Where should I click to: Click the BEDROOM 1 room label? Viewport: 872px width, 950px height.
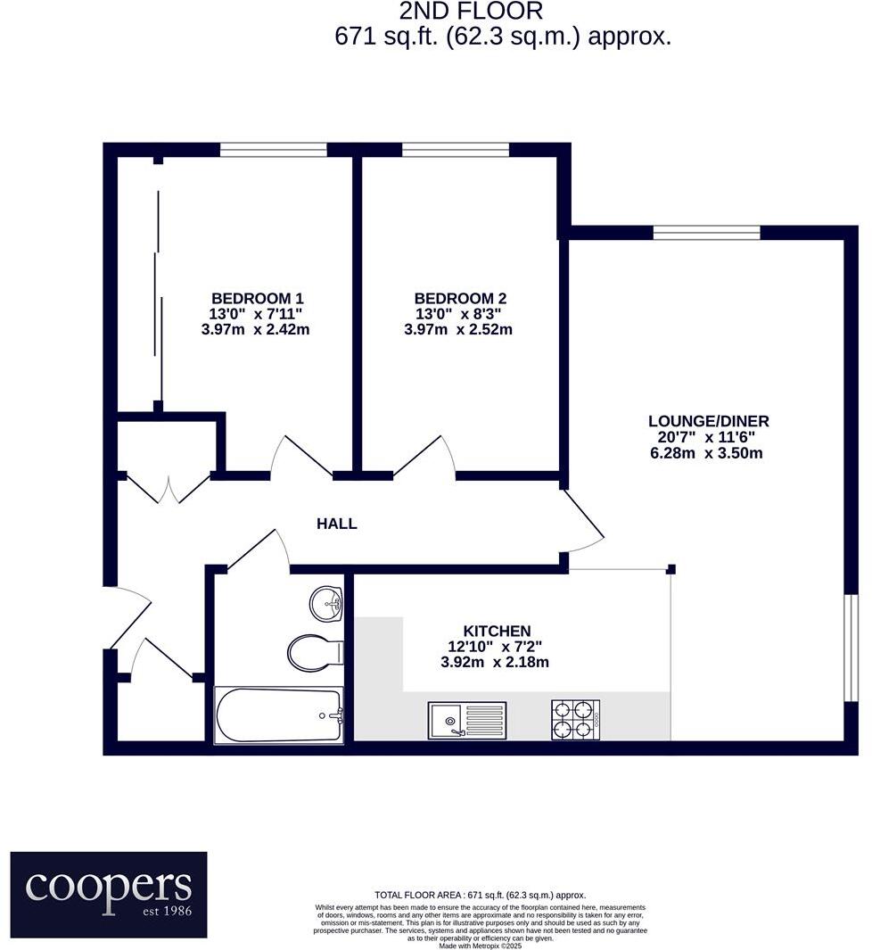[x=257, y=298]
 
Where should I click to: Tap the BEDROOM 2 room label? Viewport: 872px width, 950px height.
[x=460, y=298]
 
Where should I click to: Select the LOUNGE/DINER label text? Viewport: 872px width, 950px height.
[x=708, y=421]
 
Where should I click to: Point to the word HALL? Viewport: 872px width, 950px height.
[x=337, y=524]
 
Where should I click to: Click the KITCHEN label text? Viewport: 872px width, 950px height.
[x=497, y=631]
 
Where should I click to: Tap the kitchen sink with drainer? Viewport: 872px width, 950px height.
[x=466, y=720]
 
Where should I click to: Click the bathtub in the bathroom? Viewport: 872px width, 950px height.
[x=279, y=715]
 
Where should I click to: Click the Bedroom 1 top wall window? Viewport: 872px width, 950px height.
[x=274, y=150]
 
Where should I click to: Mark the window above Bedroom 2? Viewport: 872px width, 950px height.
[x=456, y=150]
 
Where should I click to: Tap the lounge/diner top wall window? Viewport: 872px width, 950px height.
[x=707, y=234]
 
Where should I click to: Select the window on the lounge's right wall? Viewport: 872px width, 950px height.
[x=851, y=648]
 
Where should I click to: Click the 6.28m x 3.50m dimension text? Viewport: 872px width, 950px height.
[x=707, y=453]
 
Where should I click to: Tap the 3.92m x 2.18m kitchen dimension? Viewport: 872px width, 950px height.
[x=495, y=662]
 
